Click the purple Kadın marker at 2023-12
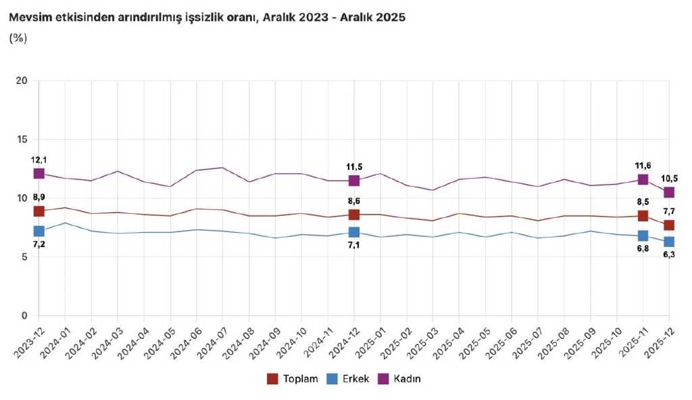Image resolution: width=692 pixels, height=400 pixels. pos(39,174)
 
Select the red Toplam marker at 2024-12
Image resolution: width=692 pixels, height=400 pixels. pos(353,215)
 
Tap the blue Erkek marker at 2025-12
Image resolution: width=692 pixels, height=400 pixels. pos(669,242)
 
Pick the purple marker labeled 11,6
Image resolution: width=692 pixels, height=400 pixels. pos(643,179)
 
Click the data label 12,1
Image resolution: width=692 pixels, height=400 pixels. pos(39,160)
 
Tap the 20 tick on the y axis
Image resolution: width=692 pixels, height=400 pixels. pos(22,81)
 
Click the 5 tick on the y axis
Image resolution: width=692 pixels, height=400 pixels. pos(25,257)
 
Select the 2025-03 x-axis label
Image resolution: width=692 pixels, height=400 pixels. pos(422,340)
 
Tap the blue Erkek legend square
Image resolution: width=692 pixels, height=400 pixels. pos(332,379)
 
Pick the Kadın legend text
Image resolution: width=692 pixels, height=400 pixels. pos(407,379)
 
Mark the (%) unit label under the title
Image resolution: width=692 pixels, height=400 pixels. pos(18,38)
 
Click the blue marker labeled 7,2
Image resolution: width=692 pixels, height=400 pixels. pos(39,231)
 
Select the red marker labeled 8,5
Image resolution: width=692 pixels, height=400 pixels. pos(643,216)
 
